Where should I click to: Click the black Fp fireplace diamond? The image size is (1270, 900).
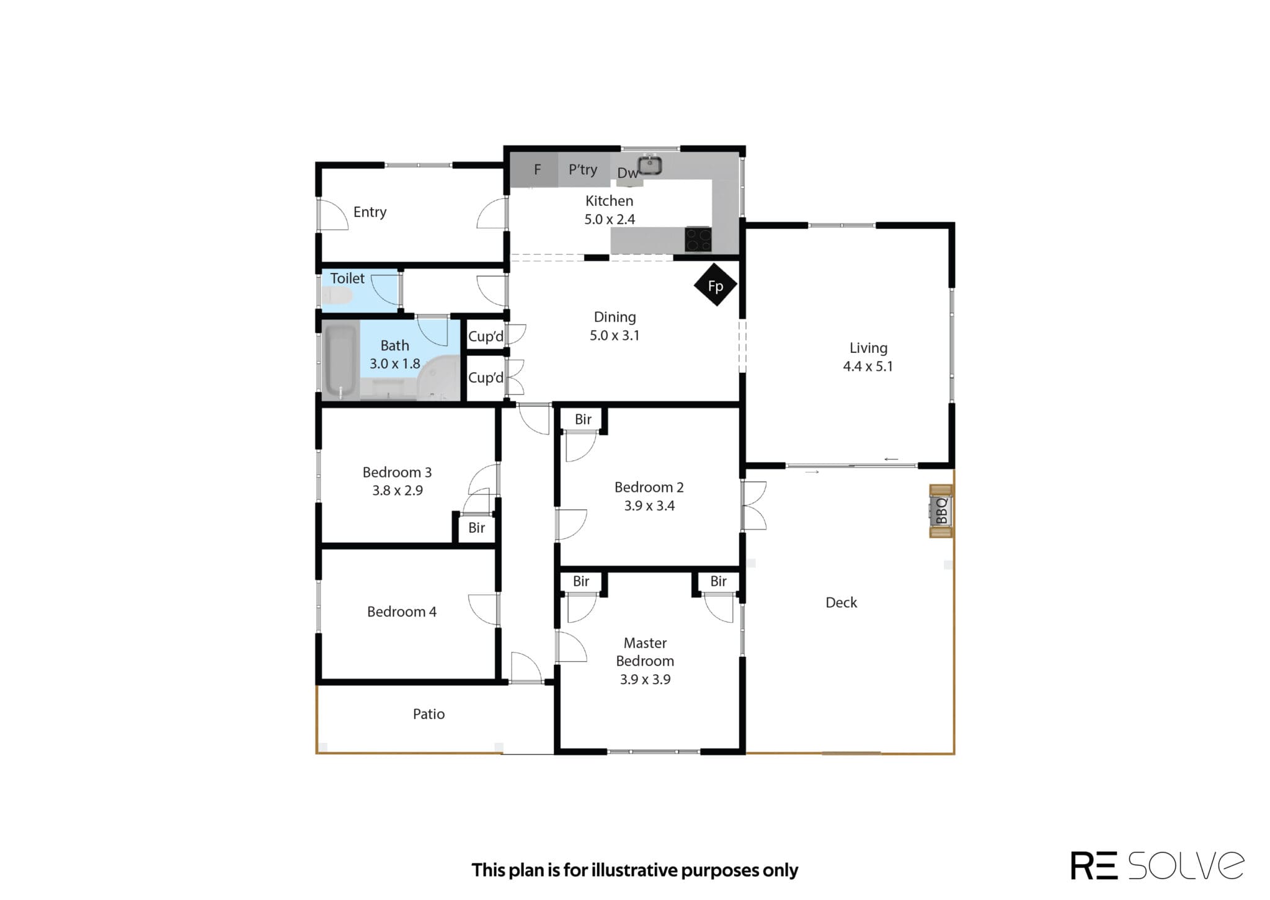(x=716, y=285)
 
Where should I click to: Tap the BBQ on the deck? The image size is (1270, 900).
(x=941, y=511)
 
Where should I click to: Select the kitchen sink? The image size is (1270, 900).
(x=650, y=164)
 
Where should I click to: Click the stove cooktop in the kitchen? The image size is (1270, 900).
(x=698, y=239)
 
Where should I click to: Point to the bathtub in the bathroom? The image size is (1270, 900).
(x=340, y=361)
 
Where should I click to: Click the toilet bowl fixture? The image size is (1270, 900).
(x=337, y=296)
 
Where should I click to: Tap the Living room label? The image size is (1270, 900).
(x=868, y=348)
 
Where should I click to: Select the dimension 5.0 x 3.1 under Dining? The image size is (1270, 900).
(x=615, y=336)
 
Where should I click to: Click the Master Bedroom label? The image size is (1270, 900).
(x=645, y=652)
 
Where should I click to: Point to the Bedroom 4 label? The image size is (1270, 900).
(x=402, y=612)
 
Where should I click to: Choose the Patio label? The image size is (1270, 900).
(x=429, y=714)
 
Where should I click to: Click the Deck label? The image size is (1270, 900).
(x=841, y=602)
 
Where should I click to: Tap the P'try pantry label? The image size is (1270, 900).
(x=583, y=169)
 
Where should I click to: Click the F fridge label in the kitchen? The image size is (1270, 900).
(x=538, y=169)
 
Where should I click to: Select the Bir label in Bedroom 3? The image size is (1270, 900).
(x=476, y=528)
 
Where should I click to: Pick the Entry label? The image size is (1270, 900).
(x=370, y=212)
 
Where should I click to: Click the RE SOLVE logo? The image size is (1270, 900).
(x=1157, y=865)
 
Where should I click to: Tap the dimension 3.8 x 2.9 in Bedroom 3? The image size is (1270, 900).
(x=397, y=491)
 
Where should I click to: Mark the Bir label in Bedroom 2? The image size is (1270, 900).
(x=583, y=419)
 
